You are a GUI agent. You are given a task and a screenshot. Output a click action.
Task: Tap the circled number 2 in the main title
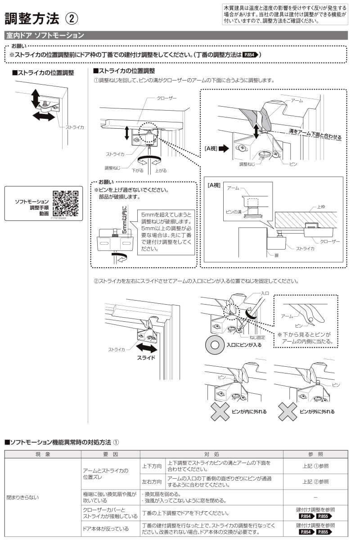tap(72, 18)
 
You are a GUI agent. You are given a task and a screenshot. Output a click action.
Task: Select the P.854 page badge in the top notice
tap(251, 54)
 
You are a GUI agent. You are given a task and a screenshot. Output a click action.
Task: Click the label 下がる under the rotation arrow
tap(137, 171)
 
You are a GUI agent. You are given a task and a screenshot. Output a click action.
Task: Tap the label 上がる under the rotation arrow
tap(161, 171)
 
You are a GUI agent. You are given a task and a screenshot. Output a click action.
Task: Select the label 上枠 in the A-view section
tap(321, 207)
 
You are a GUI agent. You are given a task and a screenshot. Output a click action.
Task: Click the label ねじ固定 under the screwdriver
tap(259, 337)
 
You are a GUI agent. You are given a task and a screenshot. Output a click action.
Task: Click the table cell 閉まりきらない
tap(22, 497)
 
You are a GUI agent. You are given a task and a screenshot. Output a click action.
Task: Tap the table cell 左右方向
tap(152, 481)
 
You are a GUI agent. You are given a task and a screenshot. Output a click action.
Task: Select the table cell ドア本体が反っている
tap(105, 529)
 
